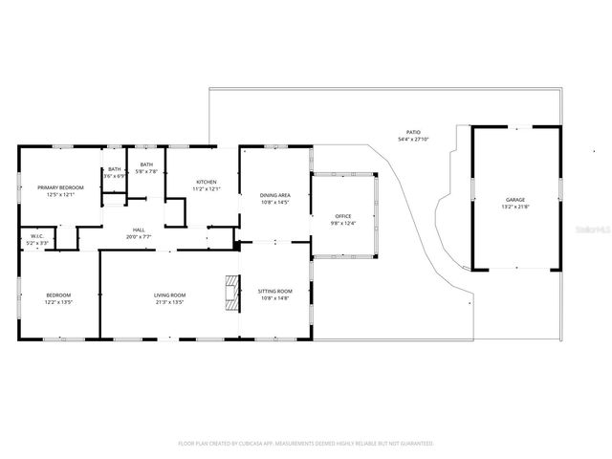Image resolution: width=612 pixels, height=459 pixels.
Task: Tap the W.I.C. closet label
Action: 36,236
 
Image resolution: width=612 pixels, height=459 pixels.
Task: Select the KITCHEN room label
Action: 207,182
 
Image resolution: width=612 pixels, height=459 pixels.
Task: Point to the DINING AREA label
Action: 274,195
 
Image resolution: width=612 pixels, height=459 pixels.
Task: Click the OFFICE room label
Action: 343,216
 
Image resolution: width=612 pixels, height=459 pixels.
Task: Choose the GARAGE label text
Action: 514,199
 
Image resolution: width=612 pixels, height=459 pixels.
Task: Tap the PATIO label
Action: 413,132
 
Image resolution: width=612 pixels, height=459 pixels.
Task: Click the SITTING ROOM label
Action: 274,291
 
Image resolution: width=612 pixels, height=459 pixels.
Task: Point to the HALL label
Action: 139,229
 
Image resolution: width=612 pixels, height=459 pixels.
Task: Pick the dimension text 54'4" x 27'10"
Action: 413,140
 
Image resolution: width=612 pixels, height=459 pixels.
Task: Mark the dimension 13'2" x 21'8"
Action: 514,207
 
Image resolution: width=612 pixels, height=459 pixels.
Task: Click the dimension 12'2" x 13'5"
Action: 59,301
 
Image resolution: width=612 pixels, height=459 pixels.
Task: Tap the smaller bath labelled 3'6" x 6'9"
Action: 114,176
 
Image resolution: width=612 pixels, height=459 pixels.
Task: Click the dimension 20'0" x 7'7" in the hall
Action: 139,236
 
